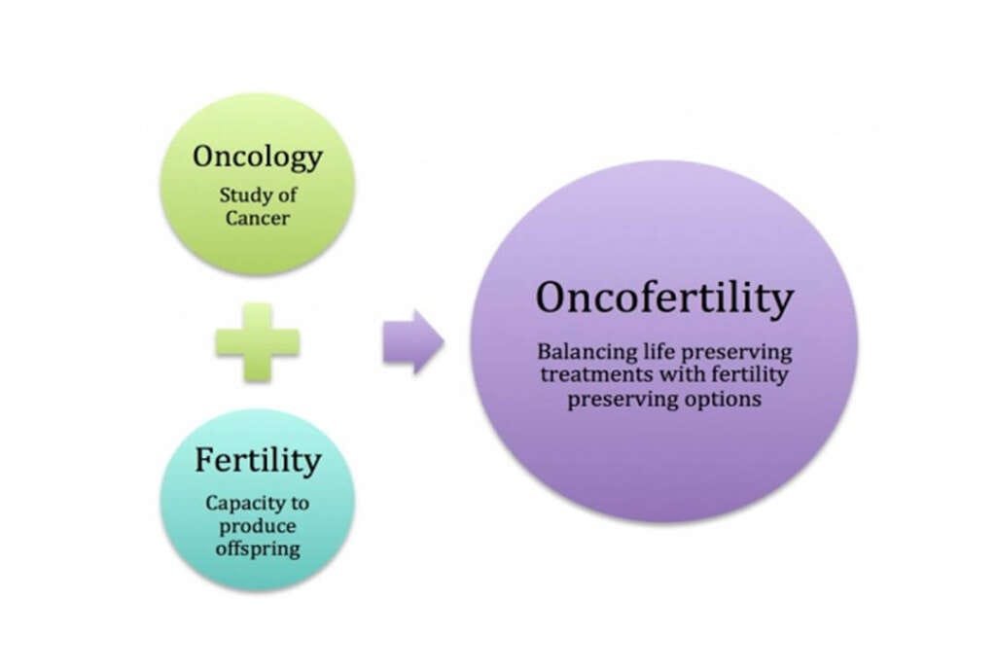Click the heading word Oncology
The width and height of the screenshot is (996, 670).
[x=257, y=157]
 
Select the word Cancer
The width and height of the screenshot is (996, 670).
[x=257, y=217]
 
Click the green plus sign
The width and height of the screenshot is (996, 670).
[x=257, y=342]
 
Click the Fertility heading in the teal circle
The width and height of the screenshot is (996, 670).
[x=257, y=460]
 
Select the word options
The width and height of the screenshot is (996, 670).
[x=724, y=399]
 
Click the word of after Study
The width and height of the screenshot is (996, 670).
[x=286, y=194]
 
